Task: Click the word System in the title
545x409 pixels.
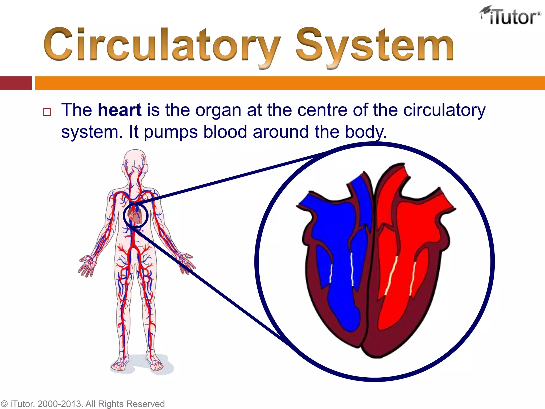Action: tap(375, 45)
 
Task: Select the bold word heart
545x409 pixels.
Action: tap(119, 110)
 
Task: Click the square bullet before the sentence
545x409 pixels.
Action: tap(47, 112)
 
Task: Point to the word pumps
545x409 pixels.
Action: tap(171, 132)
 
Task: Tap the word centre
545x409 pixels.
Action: tap(322, 110)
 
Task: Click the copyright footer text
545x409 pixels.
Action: tap(82, 404)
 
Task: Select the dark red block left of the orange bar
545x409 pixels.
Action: tap(16, 83)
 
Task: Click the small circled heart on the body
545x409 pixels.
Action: tap(135, 215)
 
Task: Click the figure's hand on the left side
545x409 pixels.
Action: tap(86, 265)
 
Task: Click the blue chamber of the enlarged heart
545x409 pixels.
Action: tap(341, 266)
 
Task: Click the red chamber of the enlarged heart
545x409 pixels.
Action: tap(399, 266)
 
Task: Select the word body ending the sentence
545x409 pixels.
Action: tap(365, 132)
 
